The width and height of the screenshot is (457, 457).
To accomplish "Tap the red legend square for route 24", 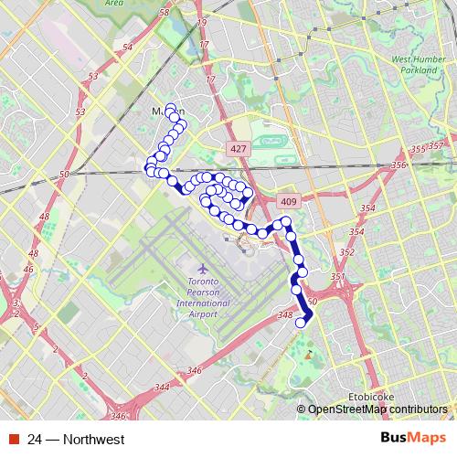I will (15, 440).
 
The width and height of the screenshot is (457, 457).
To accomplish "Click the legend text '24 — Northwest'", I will (76, 440).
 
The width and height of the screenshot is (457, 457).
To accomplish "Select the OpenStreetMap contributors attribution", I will (377, 409).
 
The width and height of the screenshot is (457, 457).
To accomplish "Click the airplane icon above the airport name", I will (202, 269).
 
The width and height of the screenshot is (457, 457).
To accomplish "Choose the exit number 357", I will (435, 146).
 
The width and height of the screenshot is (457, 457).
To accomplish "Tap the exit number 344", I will (163, 388).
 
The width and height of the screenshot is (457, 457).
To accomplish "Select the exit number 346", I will (193, 370).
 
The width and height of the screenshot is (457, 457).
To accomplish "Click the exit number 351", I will (336, 277).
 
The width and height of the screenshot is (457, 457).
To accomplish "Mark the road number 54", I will (127, 47).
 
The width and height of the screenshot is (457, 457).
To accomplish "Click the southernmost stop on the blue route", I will (300, 322).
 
